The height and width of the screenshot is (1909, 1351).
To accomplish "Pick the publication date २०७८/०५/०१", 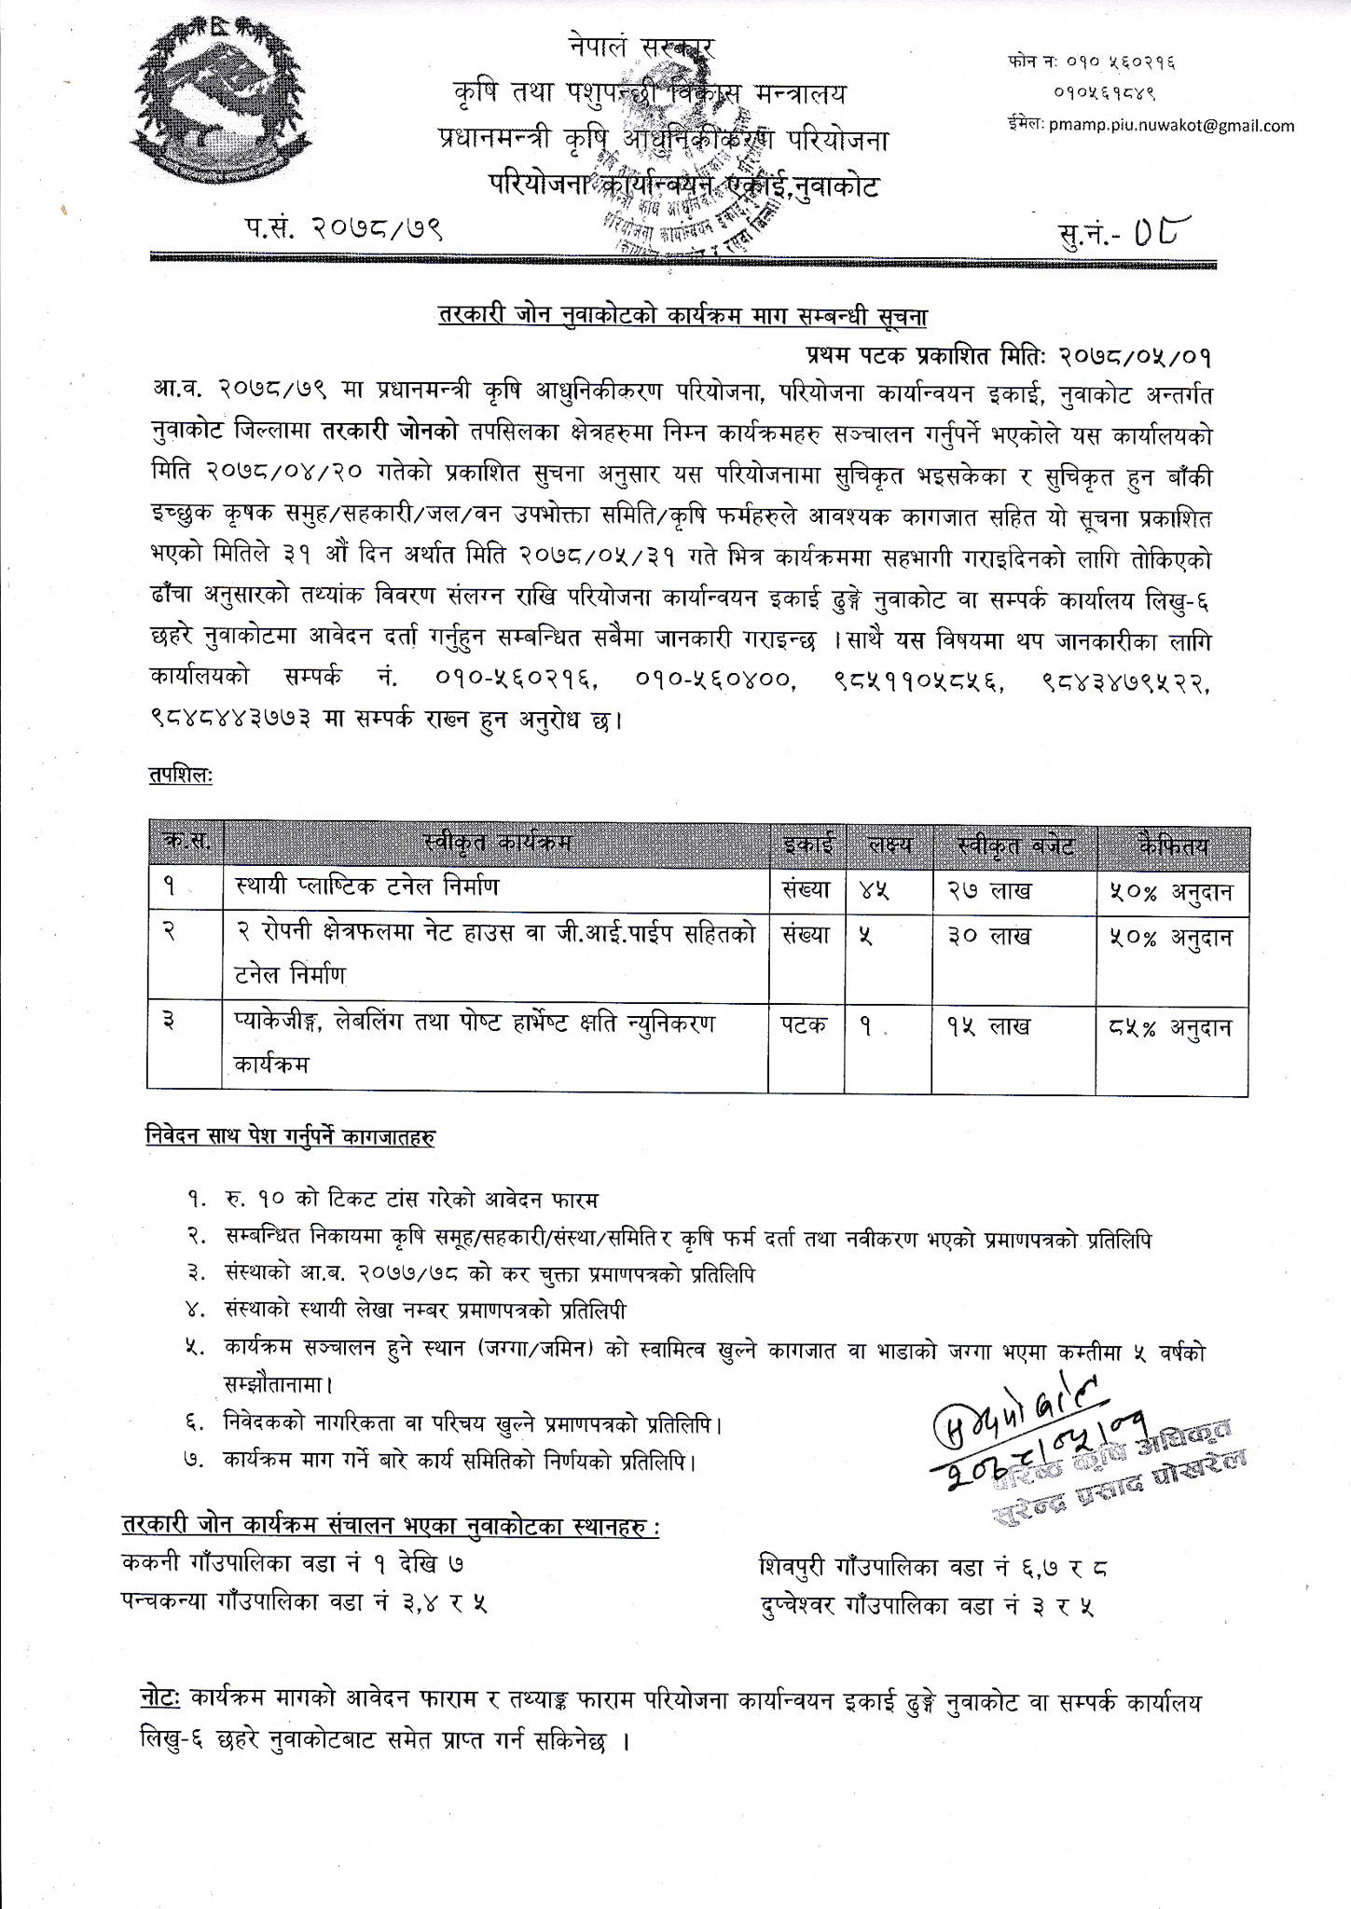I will coord(1134,355).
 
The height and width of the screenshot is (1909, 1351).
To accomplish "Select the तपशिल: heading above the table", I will coord(181,776).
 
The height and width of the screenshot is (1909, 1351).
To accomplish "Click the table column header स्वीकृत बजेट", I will coord(1015,846).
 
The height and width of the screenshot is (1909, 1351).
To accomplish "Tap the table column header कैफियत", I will coord(1173,846).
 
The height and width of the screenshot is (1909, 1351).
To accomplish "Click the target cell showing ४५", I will coord(873,891).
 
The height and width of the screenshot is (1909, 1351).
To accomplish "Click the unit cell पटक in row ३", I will coord(804,1025).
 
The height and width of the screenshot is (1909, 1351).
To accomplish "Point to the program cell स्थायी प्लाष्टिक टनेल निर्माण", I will coord(366,886).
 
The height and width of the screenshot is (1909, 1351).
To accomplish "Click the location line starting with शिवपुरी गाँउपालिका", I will coord(932,1568).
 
